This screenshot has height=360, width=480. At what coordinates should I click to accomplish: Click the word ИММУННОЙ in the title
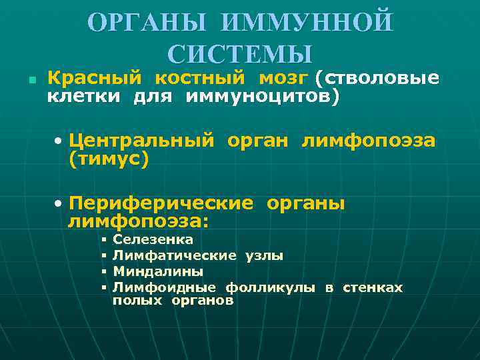coord(308,23)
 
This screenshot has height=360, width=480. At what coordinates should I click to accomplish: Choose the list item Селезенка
coord(153,239)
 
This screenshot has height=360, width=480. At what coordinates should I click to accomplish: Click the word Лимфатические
coord(174,255)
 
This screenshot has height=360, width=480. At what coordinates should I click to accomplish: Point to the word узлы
coord(264,255)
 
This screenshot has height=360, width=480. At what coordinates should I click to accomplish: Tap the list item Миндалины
coord(158,271)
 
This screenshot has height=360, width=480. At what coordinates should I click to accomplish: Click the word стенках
coord(373,287)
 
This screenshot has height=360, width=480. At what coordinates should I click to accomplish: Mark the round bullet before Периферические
coord(59,203)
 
